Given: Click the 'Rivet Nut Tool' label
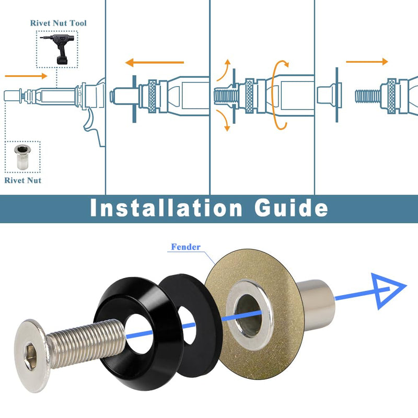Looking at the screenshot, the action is [58, 23].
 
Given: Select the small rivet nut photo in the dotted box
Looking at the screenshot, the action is [22, 157].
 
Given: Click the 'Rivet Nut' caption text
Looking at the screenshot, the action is [23, 180].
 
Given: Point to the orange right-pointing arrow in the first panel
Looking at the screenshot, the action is [26, 76].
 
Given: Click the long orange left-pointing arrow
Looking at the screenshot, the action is [155, 63].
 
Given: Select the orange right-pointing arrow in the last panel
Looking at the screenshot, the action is [367, 62].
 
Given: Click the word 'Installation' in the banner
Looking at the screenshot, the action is [166, 208].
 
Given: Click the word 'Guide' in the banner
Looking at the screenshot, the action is [291, 208].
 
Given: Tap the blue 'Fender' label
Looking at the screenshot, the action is [185, 247].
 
